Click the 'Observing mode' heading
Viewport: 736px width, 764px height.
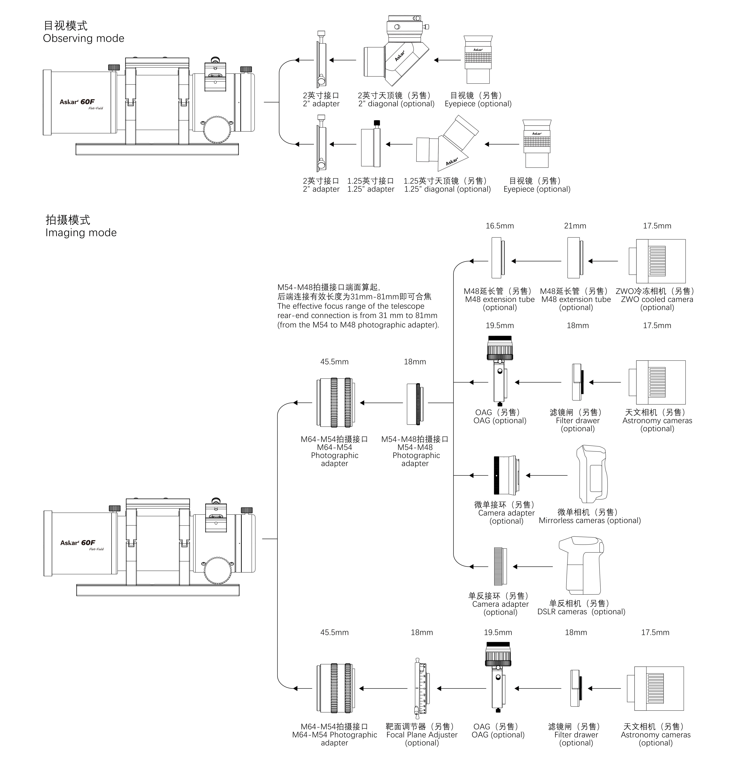click(83, 38)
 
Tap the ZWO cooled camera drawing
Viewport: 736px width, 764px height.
click(657, 261)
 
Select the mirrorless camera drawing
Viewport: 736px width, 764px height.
click(591, 474)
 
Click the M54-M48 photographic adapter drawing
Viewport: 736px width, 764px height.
click(415, 404)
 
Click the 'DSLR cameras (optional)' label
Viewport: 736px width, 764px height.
click(581, 612)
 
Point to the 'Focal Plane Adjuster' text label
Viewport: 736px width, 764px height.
click(422, 735)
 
